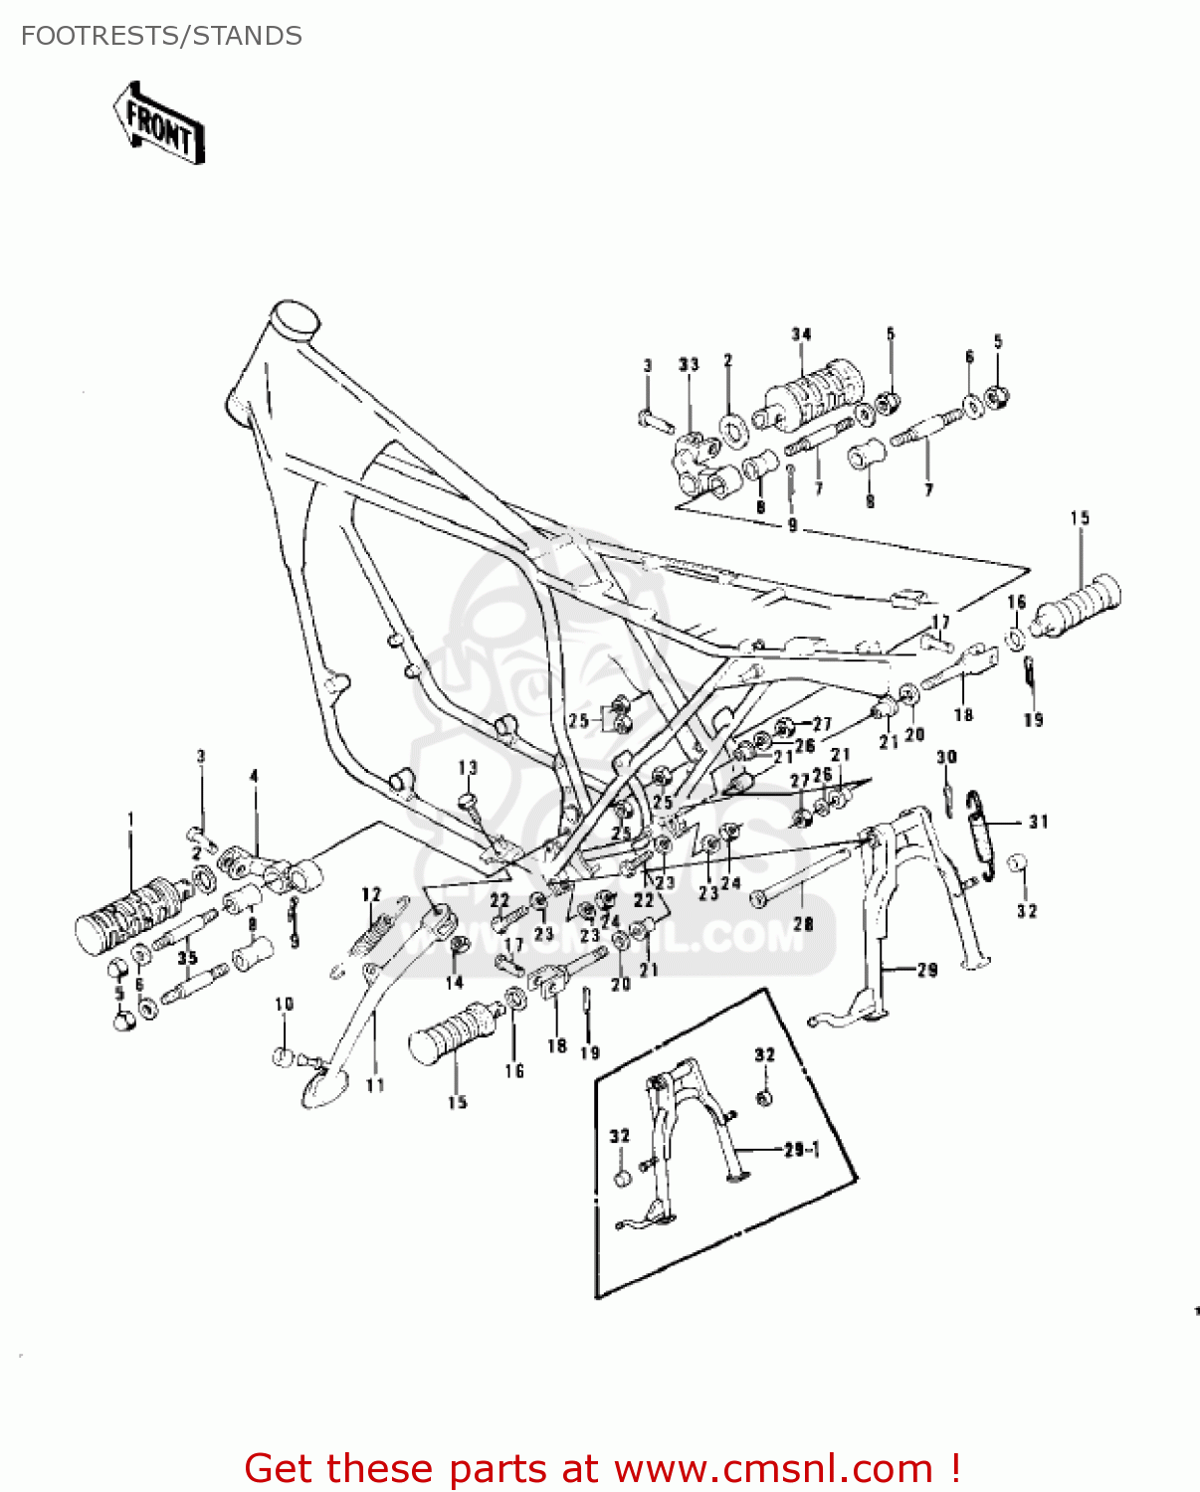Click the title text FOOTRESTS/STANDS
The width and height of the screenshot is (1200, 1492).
[x=161, y=37]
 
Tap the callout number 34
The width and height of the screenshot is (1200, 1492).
[x=801, y=335]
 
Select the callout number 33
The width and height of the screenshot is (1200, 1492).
[x=689, y=365]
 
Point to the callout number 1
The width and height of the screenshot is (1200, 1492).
[x=130, y=819]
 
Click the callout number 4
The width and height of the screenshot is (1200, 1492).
[x=254, y=776]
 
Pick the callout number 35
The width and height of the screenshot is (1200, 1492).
[x=187, y=958]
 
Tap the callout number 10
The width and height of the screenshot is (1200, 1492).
[x=285, y=1004]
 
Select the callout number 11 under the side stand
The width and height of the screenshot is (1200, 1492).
[x=374, y=1085]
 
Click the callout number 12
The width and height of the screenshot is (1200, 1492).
[x=371, y=894]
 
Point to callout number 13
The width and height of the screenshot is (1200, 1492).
[x=468, y=768]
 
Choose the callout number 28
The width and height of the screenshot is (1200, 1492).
[x=803, y=924]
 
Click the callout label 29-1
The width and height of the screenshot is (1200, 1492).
[x=801, y=1150]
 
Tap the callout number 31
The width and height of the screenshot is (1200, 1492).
[x=1038, y=822]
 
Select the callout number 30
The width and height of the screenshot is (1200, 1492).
[x=946, y=757]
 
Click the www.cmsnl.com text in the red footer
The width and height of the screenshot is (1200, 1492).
[x=772, y=1469]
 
